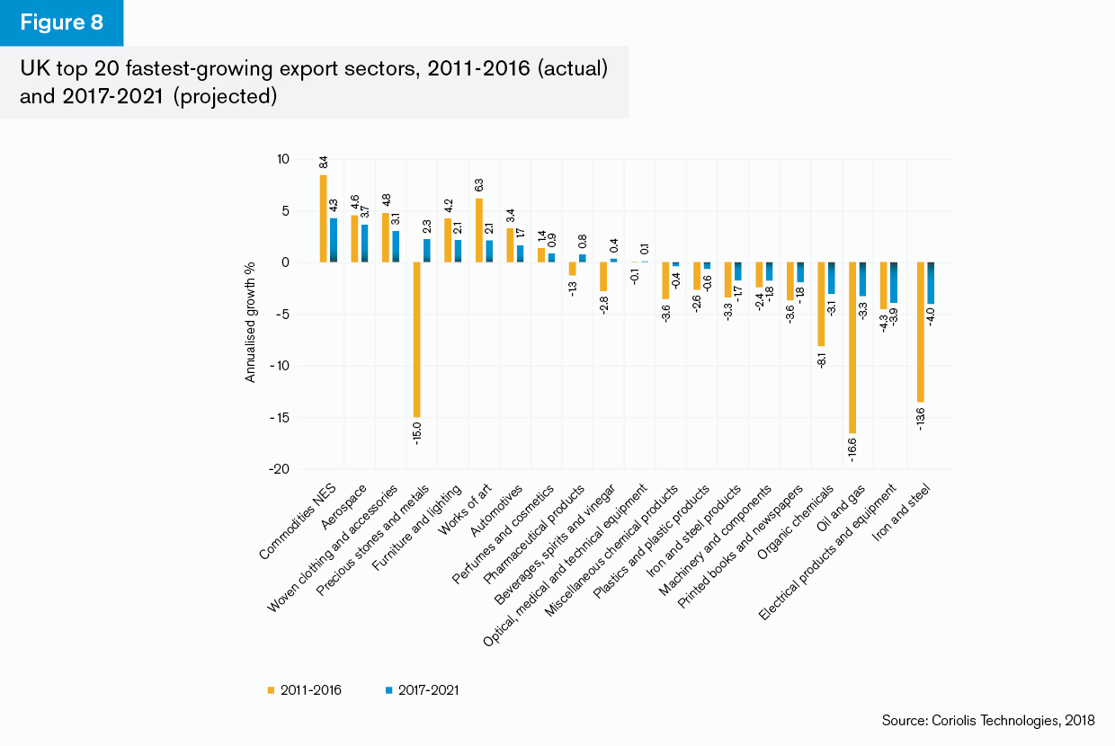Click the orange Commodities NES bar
(324, 218)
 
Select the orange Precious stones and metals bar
(417, 340)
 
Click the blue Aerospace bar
(365, 244)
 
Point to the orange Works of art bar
(479, 230)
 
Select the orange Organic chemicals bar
(821, 304)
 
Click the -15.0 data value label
(417, 432)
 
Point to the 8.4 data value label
(324, 163)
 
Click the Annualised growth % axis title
(251, 322)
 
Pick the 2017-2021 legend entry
(423, 689)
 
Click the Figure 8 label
(61, 23)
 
